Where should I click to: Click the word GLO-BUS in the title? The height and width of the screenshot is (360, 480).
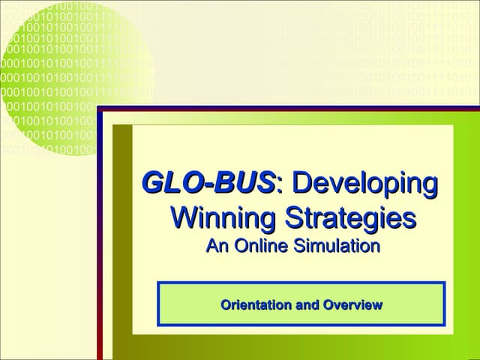(x=209, y=182)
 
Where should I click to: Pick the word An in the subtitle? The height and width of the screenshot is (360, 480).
(x=216, y=246)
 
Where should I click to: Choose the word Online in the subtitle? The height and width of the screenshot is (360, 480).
(x=259, y=246)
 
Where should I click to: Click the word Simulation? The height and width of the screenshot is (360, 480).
(x=337, y=246)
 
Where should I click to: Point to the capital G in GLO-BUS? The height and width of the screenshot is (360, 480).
(x=154, y=182)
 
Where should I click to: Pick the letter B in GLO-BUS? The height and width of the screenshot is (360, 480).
(x=224, y=182)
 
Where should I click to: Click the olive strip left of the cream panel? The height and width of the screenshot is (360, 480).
(x=122, y=240)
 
